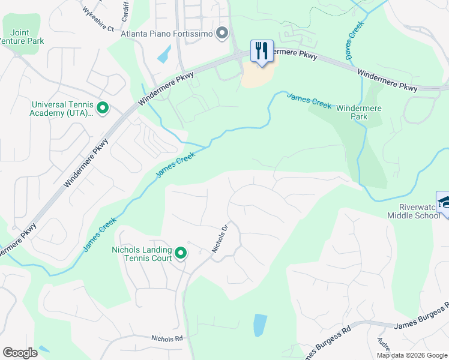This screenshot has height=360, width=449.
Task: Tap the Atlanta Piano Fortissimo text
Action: (167, 34)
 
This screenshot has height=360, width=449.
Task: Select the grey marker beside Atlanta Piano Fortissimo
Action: (223, 34)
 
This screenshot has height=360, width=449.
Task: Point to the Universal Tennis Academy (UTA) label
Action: (62, 108)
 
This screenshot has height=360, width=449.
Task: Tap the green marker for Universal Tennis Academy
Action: (103, 109)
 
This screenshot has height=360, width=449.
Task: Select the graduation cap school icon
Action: (444, 202)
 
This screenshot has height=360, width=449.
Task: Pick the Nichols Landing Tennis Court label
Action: (142, 254)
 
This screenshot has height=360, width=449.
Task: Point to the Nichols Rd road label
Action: (167, 338)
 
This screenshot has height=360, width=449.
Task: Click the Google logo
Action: (20, 353)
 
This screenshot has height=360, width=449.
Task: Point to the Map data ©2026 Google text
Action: (412, 355)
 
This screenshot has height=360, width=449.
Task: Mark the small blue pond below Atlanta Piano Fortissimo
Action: (163, 55)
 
